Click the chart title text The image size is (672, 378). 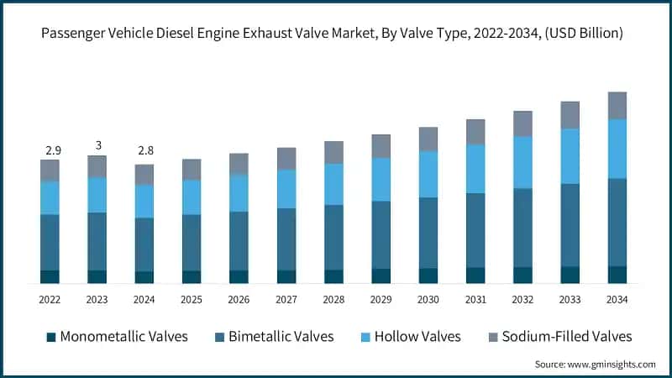[x=336, y=34]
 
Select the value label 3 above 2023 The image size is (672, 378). [x=97, y=145]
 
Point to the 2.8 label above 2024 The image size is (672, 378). [x=144, y=150]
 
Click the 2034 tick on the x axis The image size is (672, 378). [x=617, y=299]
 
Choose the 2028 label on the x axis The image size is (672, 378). [x=333, y=299]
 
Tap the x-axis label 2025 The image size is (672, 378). [x=192, y=299]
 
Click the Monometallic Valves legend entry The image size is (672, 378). [x=116, y=337]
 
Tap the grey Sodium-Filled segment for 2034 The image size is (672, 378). [x=617, y=105]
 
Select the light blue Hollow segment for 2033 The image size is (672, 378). [x=570, y=156]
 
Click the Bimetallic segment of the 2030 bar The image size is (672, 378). [x=428, y=233]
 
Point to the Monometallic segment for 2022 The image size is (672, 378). [x=50, y=277]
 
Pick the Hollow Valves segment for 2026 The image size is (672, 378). [x=239, y=193]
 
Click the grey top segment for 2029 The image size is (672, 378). [x=381, y=146]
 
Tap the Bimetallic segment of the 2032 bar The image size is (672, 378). [x=523, y=228]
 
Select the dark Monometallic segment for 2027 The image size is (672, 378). [x=286, y=277]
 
